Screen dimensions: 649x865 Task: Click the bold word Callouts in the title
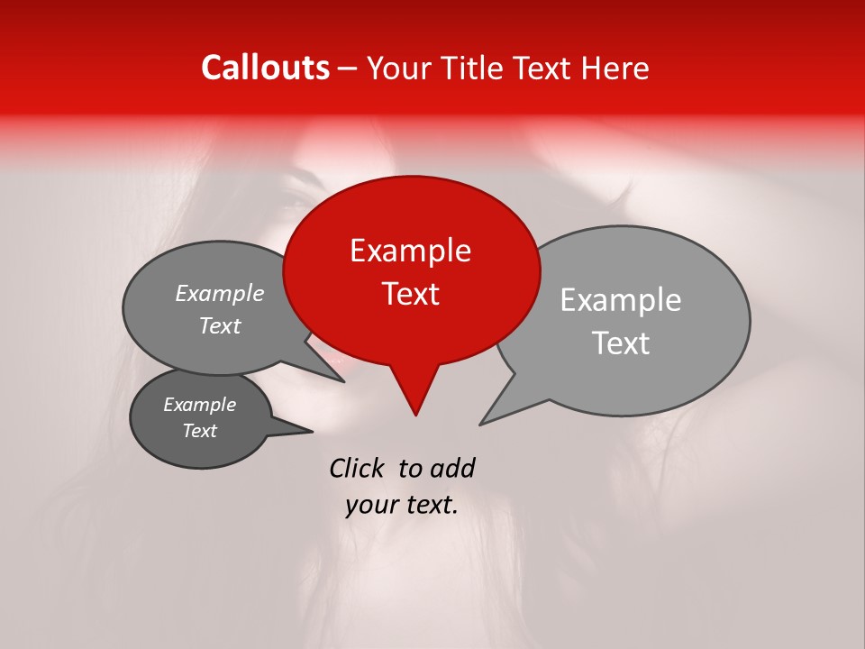(265, 68)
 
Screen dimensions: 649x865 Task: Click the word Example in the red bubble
(410, 251)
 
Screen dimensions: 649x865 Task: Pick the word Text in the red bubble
(410, 294)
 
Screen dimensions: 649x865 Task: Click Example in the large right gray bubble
(621, 300)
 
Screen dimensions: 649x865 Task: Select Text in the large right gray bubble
(621, 343)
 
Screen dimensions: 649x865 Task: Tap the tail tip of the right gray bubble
(481, 424)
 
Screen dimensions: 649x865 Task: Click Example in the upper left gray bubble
(220, 294)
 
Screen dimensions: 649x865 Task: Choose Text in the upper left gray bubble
(220, 326)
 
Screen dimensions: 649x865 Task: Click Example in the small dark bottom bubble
(200, 405)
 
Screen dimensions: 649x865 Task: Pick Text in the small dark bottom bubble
(200, 431)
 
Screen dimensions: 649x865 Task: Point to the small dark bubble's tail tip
(312, 431)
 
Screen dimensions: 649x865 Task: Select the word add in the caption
(451, 469)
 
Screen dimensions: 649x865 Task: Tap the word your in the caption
(371, 505)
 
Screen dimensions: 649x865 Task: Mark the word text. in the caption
(430, 505)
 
